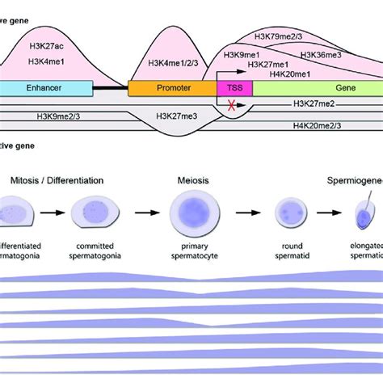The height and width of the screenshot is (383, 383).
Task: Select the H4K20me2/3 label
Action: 319,126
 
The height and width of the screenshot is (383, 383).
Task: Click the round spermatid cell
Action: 288,214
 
